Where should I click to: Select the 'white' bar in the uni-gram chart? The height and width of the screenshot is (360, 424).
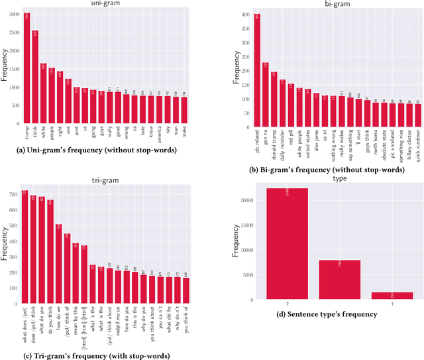pyautogui.click(x=43, y=93)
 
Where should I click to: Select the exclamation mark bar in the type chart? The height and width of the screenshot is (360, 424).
pyautogui.click(x=391, y=296)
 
